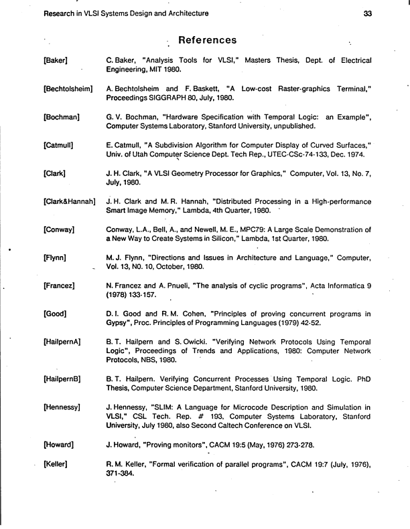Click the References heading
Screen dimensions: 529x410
point(207,41)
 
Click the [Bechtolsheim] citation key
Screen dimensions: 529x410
point(68,89)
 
